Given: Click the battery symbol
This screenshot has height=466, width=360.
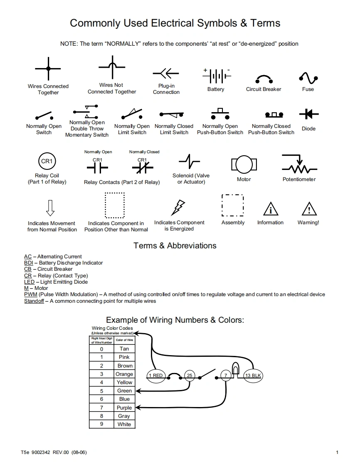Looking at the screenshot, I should click(x=216, y=76).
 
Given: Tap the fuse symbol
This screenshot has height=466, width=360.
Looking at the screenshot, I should click(x=308, y=78).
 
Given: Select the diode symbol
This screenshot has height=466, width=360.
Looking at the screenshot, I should click(x=308, y=114).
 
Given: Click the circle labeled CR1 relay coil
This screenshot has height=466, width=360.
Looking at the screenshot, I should click(x=47, y=161).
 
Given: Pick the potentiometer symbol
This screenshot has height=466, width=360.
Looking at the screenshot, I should click(x=299, y=165).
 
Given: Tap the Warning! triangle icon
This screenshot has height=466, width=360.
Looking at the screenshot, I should click(x=309, y=209).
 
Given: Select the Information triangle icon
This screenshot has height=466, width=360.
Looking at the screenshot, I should click(x=271, y=209).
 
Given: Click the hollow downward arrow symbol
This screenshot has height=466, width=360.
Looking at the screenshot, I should click(x=50, y=208).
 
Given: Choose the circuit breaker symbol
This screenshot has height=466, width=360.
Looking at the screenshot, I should click(x=264, y=78).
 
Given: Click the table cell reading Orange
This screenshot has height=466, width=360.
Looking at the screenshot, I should click(x=124, y=374).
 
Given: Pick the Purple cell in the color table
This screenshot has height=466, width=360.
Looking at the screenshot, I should click(x=124, y=408).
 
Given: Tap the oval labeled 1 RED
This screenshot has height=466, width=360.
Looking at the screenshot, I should click(x=156, y=375).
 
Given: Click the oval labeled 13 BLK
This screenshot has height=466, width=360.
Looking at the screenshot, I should click(x=253, y=375).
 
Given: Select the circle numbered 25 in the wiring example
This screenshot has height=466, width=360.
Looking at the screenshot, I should click(x=190, y=375).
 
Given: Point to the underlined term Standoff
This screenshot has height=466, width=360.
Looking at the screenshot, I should click(x=34, y=301).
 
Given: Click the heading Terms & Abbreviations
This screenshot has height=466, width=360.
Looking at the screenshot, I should click(x=175, y=245).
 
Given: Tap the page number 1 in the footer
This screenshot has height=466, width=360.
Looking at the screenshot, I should click(x=337, y=452).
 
